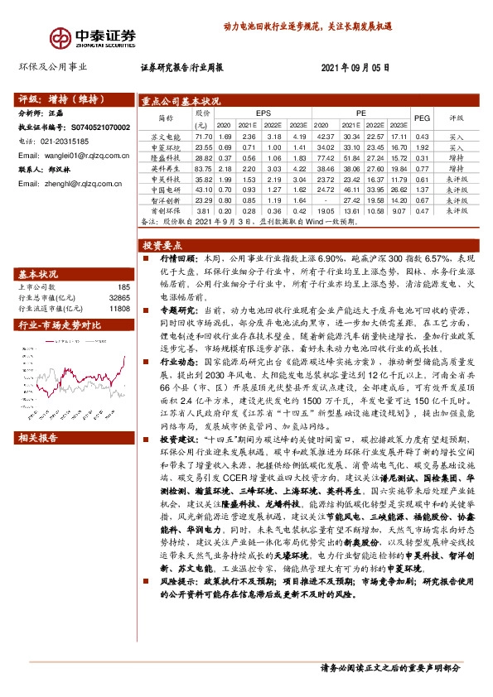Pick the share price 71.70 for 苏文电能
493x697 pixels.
[x=203, y=136]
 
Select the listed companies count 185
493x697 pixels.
[x=125, y=286]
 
